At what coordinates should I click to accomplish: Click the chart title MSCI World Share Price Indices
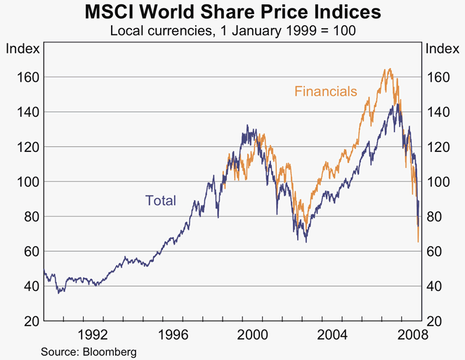232,13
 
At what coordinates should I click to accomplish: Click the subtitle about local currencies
232,30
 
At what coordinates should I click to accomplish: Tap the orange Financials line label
326,91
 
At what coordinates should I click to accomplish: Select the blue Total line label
161,200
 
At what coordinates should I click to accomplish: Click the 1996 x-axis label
173,334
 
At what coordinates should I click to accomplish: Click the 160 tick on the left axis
25,77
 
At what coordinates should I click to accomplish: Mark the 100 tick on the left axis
25,181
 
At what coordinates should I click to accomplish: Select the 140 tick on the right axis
439,112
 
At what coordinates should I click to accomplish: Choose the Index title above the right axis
443,49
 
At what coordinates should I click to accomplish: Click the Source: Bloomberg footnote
89,351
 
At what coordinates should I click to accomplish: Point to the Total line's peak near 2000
247,126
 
